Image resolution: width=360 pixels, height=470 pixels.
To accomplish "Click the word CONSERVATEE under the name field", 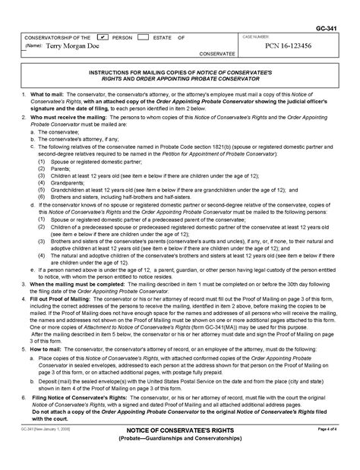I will coord(216,55).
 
